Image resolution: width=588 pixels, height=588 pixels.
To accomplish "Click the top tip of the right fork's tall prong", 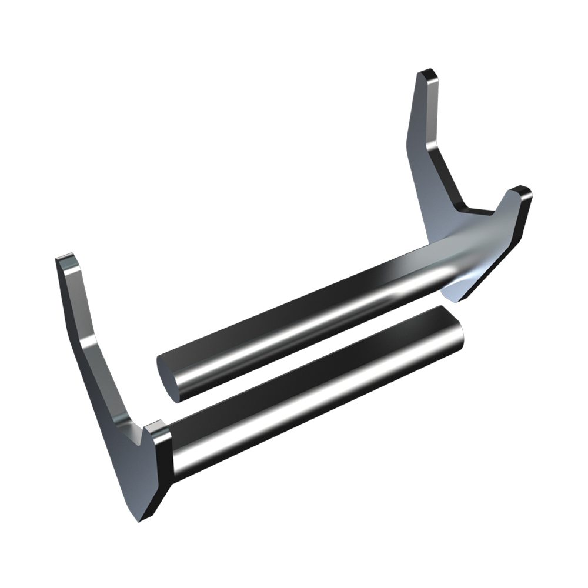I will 427,74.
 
